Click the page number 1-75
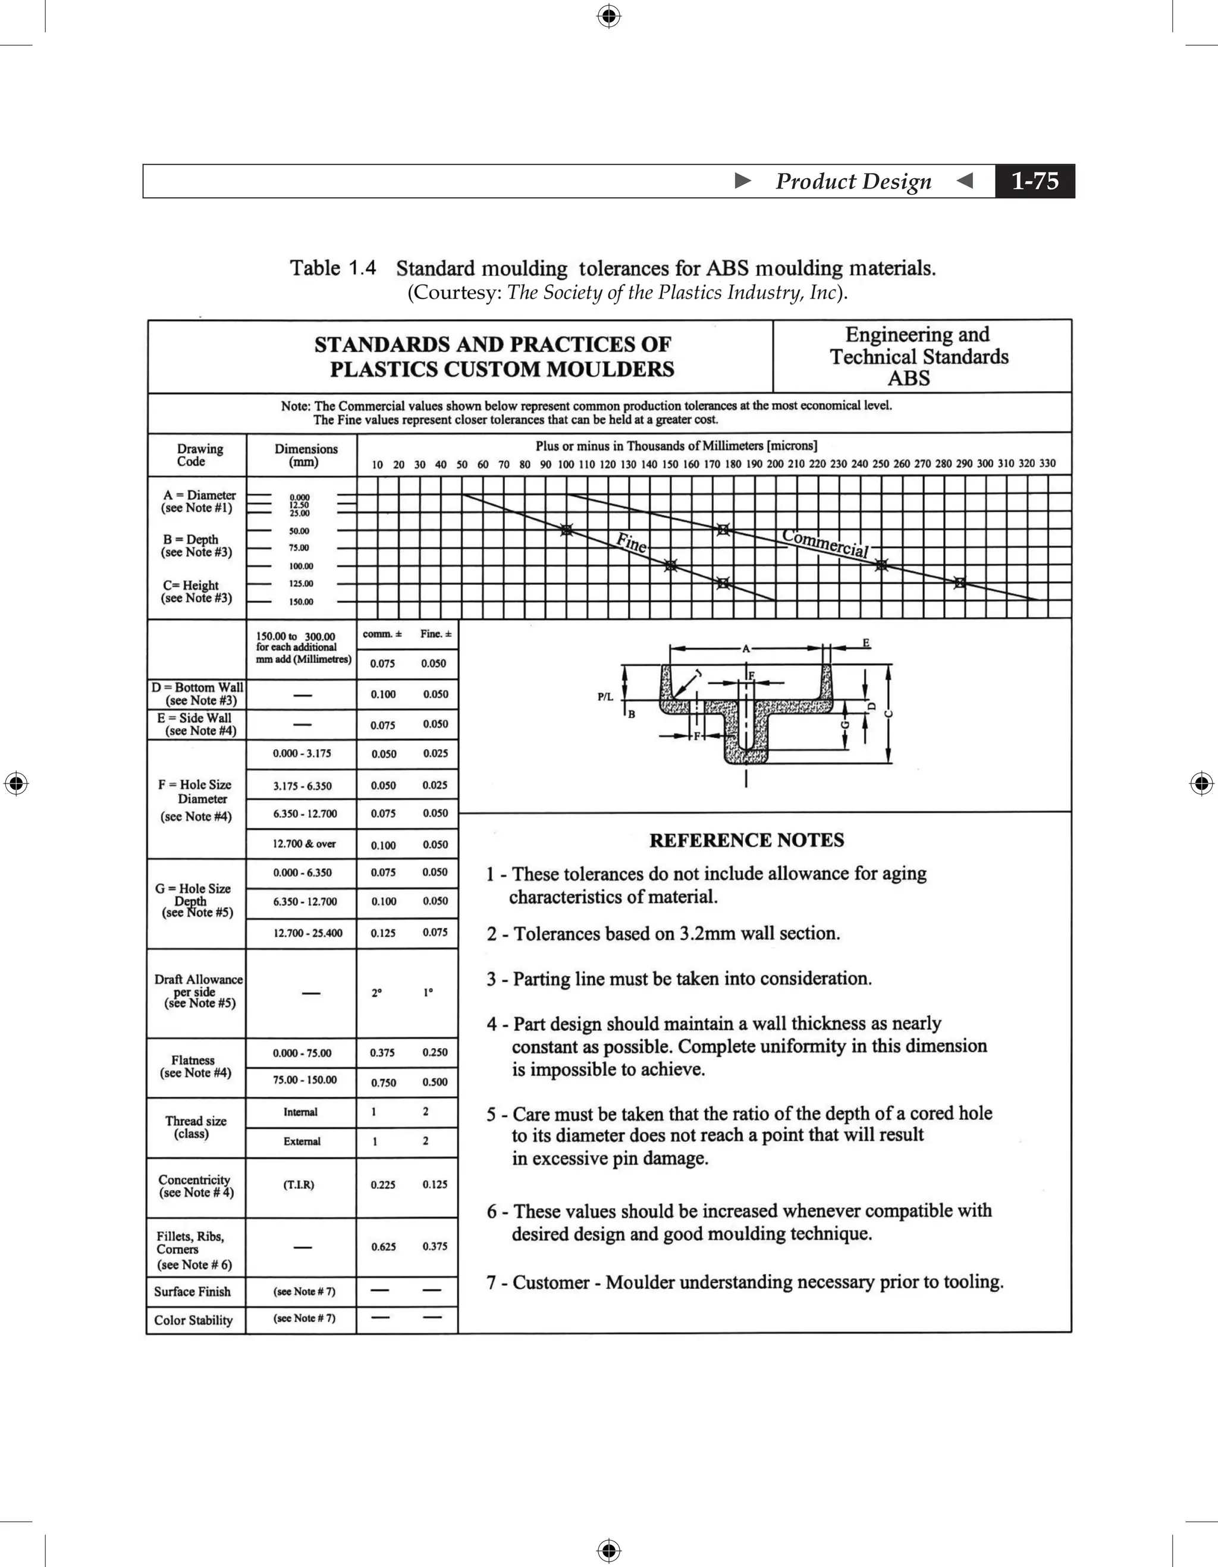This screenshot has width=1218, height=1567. (1034, 181)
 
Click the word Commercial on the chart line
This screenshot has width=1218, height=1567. (825, 543)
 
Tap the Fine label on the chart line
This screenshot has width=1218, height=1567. (632, 542)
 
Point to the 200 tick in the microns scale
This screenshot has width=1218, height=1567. (775, 464)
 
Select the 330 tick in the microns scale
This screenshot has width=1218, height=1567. (1047, 464)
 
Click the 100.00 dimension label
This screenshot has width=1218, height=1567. (302, 566)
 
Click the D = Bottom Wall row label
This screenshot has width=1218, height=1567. (197, 694)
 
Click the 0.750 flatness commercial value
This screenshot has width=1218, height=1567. (383, 1083)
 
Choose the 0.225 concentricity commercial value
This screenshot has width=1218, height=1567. (383, 1185)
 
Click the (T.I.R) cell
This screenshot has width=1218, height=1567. (299, 1185)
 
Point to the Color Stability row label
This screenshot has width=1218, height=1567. (193, 1320)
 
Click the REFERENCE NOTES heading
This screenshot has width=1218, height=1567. (746, 840)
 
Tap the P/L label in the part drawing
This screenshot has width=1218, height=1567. (605, 697)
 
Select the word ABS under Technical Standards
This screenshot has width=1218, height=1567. (909, 378)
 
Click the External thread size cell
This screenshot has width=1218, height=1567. (302, 1141)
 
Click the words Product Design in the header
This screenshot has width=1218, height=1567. (853, 181)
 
